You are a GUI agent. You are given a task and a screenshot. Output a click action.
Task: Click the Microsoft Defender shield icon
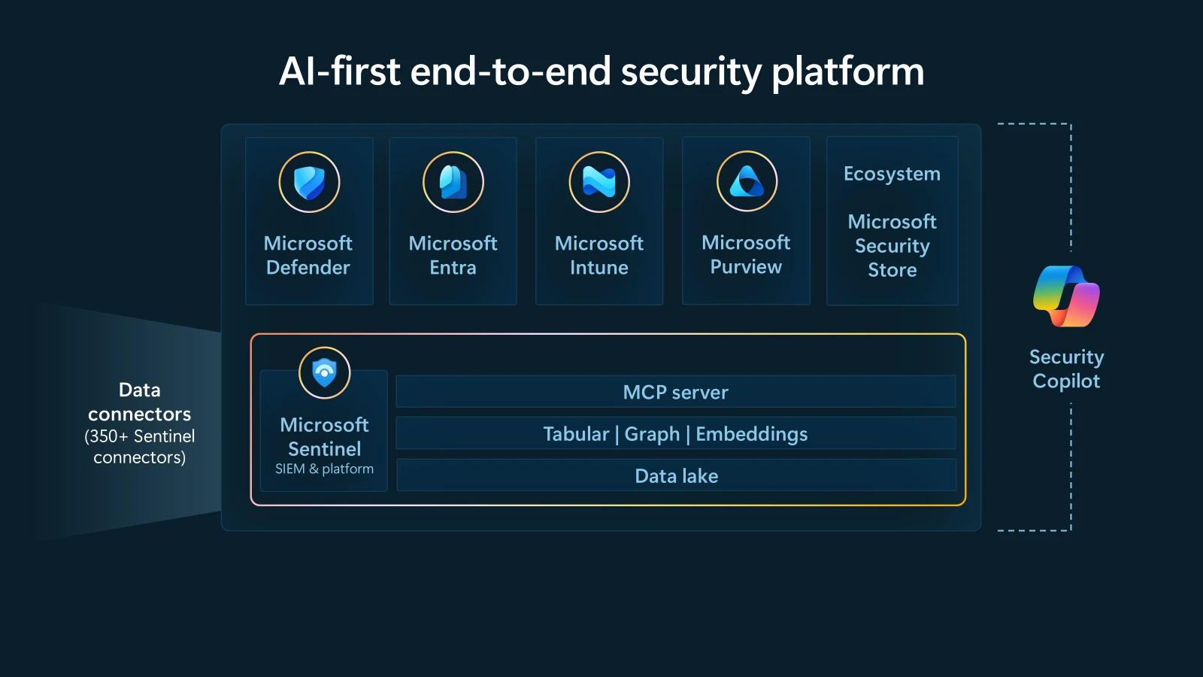[x=309, y=182]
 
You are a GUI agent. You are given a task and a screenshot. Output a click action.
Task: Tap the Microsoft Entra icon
[x=453, y=182]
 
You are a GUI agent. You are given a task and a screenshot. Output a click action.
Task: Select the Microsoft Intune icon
[x=599, y=182]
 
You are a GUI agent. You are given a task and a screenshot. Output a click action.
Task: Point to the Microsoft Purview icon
[x=747, y=181]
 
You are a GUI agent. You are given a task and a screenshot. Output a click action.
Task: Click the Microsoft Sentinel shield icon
[x=324, y=372]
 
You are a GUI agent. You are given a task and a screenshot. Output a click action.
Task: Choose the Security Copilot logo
[x=1066, y=296]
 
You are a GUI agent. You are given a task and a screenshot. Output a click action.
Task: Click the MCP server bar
[x=675, y=392]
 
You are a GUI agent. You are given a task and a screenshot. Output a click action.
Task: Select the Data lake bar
[x=676, y=475]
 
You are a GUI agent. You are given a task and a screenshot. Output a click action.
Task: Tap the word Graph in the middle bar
[x=652, y=434]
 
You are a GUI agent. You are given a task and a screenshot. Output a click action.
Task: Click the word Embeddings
[x=751, y=434]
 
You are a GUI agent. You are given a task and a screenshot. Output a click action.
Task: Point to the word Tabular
[x=576, y=434]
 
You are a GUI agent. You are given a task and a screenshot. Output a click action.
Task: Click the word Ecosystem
[x=892, y=174]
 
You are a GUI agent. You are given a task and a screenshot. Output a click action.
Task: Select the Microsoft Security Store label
[x=892, y=246]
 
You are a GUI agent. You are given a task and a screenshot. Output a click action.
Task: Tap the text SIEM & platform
[x=324, y=469]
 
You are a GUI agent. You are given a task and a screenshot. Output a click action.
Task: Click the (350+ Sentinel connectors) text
[x=140, y=447]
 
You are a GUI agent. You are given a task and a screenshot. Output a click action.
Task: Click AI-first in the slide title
[x=339, y=72]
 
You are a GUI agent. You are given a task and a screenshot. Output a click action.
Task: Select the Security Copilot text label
[x=1066, y=369]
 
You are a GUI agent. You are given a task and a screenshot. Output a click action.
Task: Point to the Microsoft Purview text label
[x=746, y=254]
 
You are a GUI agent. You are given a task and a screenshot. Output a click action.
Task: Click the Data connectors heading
[x=140, y=402]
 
